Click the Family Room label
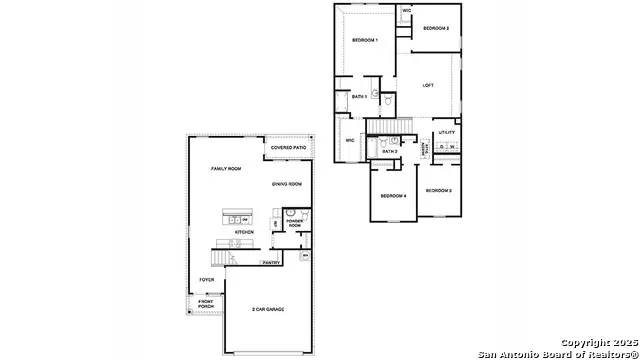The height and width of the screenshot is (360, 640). click(x=226, y=169)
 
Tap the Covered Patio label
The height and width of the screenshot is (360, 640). click(x=287, y=148)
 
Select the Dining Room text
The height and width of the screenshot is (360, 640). click(x=287, y=184)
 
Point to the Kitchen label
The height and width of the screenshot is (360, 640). click(x=244, y=232)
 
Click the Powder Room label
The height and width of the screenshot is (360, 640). click(x=295, y=224)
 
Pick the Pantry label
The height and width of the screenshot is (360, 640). click(x=270, y=263)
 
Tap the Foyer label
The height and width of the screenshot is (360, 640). click(x=207, y=280)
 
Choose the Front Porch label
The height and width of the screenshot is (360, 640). click(x=206, y=304)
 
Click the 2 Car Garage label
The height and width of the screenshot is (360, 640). click(x=268, y=310)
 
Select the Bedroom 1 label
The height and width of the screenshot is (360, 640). click(x=364, y=40)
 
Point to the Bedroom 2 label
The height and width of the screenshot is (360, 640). click(x=436, y=28)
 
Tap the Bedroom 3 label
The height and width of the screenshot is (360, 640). click(x=438, y=190)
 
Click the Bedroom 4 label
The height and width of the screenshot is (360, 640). click(x=392, y=195)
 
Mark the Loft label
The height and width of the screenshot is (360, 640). click(x=428, y=85)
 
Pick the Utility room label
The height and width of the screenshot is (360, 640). click(x=447, y=132)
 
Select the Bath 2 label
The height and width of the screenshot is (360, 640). click(x=389, y=151)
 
